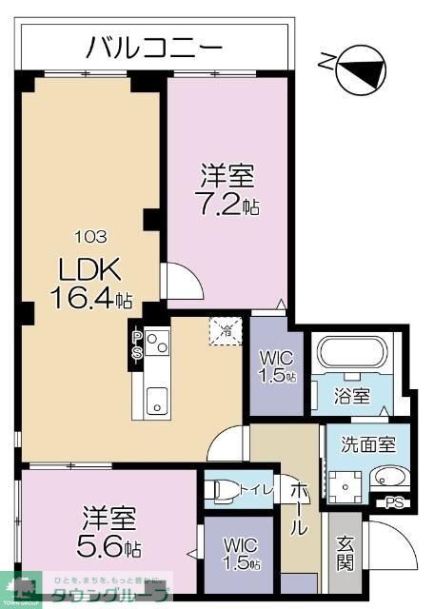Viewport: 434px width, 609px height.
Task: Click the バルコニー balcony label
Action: click(x=154, y=46)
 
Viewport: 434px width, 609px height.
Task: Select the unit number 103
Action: click(x=91, y=237)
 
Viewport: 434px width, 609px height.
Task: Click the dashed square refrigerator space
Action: click(x=225, y=330)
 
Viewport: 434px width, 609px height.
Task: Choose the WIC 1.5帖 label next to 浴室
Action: click(x=277, y=366)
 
